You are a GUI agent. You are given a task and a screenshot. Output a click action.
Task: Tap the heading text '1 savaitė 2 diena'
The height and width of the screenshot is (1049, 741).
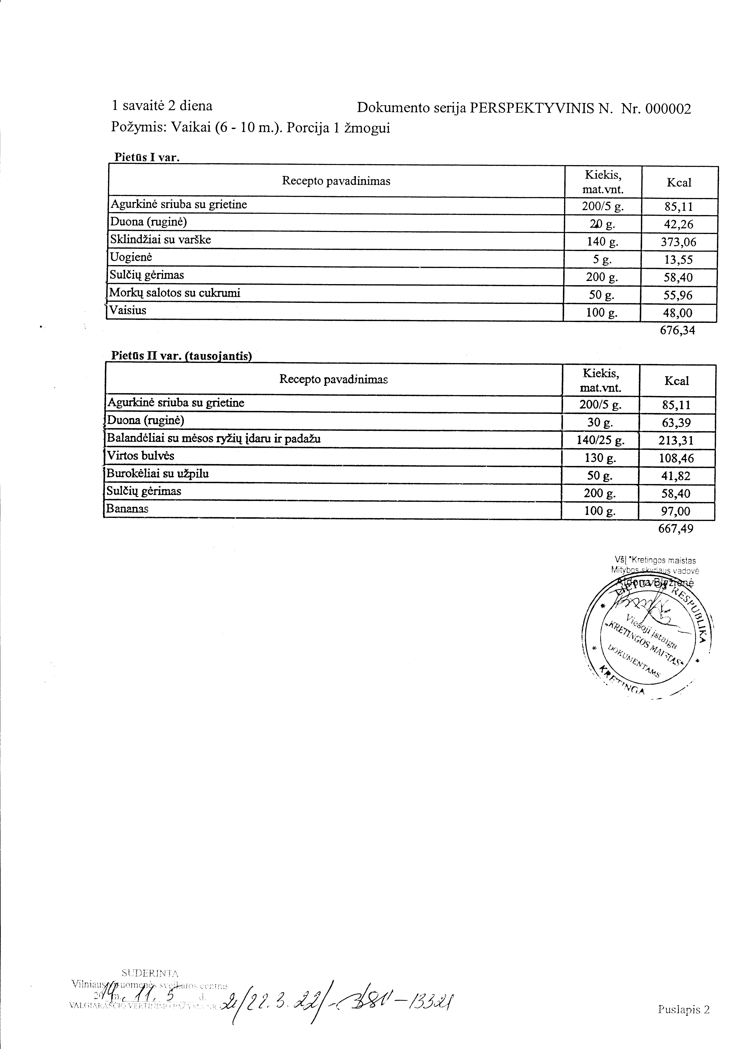pos(162,106)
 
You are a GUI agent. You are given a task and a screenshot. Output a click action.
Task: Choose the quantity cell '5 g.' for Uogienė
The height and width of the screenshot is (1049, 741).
pos(602,259)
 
